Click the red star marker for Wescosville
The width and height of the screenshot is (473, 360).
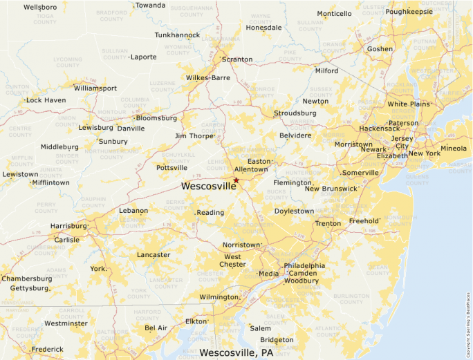tap(236, 180)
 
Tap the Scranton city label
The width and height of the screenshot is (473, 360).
tap(237, 59)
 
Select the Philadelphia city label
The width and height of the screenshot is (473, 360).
tap(304, 266)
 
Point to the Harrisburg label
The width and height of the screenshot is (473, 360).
tap(68, 226)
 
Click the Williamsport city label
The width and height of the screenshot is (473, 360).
tap(95, 88)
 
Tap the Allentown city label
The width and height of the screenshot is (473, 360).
tap(251, 169)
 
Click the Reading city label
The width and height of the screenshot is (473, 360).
tap(210, 213)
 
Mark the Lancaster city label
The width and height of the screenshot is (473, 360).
tap(154, 255)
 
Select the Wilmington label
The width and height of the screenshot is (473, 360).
tap(218, 297)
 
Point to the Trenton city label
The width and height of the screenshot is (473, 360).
tap(328, 224)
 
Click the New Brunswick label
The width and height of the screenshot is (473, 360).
tap(331, 189)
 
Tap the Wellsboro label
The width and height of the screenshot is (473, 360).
tap(39, 7)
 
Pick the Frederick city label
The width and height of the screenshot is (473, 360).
tap(47, 350)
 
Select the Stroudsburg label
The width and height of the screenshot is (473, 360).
tap(295, 113)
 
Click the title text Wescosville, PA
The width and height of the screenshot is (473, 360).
tap(236, 353)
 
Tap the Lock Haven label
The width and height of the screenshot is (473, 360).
tap(46, 100)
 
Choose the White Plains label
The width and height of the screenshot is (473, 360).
tap(408, 104)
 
